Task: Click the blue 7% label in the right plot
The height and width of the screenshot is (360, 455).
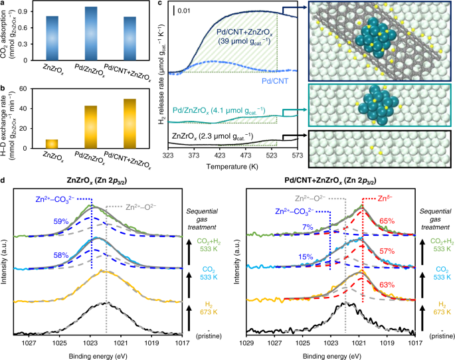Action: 308,228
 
